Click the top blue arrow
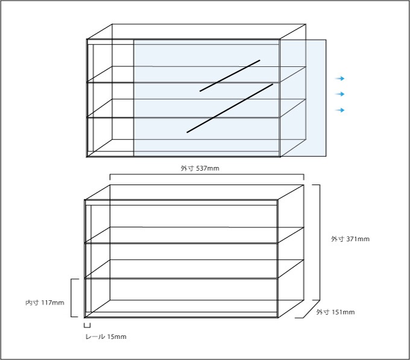pos(340,78)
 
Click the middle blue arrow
pos(340,94)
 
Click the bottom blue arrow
pos(340,110)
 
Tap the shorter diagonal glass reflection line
pos(230,75)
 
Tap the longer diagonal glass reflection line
pos(230,108)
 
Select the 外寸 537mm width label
pos(200,168)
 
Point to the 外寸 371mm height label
pos(350,239)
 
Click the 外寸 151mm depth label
pos(335,312)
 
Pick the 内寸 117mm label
pos(45,303)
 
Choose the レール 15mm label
pos(106,336)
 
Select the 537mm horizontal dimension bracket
pos(207,174)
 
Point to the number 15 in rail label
pos(110,336)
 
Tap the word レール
pos(95,336)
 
